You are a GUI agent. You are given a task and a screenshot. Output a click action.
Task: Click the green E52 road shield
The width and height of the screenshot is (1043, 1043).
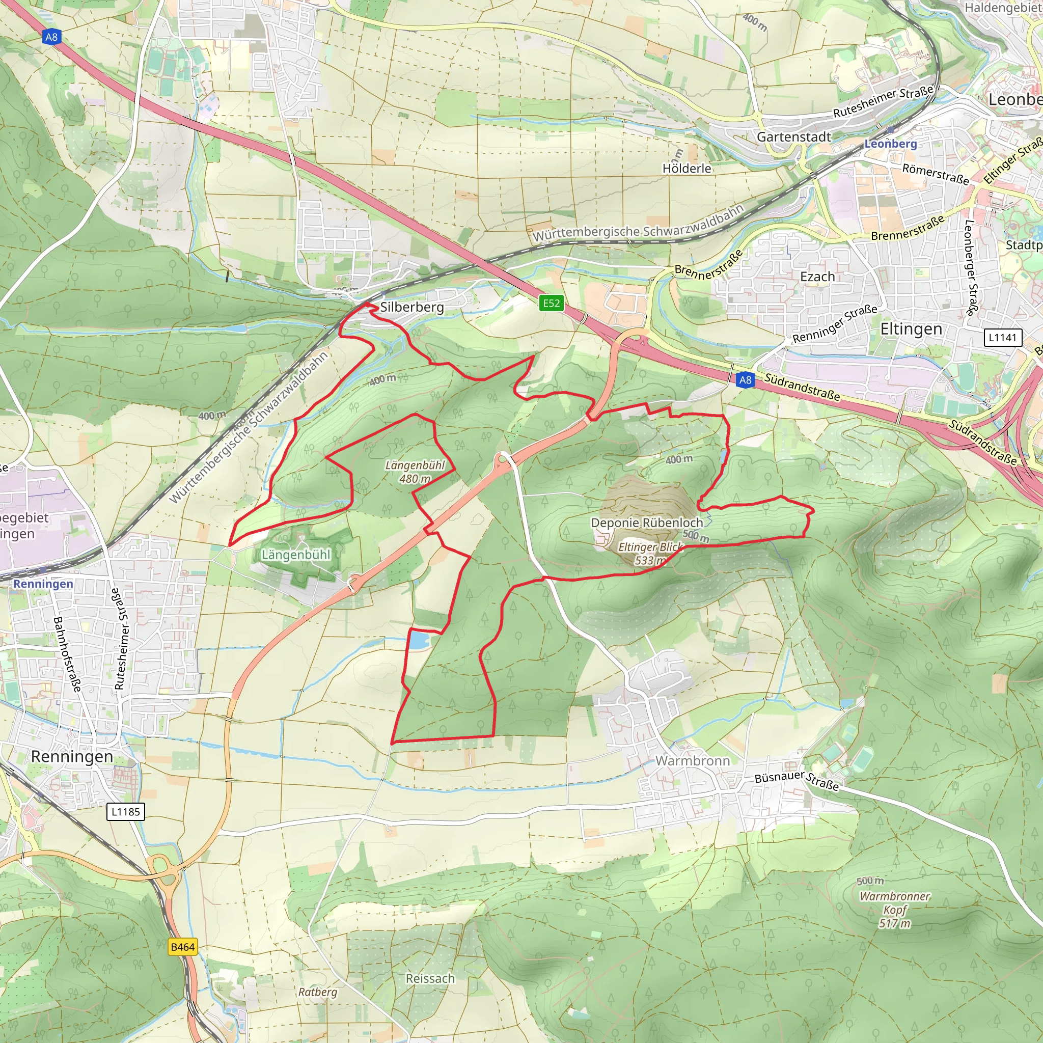click(x=551, y=303)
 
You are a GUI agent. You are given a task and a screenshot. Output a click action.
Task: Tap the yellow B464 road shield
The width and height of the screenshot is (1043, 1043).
click(x=182, y=946)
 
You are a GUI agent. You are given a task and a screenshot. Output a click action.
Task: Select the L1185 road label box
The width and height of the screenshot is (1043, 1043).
click(x=126, y=811)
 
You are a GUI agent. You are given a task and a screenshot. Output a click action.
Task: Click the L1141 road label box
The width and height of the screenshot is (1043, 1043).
click(x=1002, y=338)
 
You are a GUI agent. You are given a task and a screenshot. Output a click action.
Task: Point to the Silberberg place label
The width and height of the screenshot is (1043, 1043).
click(x=412, y=307)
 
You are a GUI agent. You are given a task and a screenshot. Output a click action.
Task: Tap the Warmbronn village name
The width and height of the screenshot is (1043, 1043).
click(x=692, y=761)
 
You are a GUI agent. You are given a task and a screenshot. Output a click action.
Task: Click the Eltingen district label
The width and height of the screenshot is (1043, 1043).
click(x=911, y=329)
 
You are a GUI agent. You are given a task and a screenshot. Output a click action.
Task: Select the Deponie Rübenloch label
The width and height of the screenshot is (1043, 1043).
click(x=647, y=523)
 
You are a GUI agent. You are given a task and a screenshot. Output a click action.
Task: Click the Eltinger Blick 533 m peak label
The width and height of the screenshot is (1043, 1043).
click(x=650, y=554)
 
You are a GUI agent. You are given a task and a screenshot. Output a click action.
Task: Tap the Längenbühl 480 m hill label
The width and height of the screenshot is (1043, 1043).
click(x=415, y=472)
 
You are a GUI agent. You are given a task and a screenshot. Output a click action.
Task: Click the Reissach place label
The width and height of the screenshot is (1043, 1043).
click(x=430, y=978)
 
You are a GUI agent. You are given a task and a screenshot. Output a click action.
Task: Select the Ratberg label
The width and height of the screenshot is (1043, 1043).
click(x=317, y=992)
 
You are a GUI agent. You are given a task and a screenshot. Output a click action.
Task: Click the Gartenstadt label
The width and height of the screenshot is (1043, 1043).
click(x=793, y=136)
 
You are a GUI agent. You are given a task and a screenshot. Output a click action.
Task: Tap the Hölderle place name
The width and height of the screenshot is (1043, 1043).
click(x=687, y=169)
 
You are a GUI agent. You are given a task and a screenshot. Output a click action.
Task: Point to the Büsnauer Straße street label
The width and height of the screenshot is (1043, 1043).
click(x=797, y=781)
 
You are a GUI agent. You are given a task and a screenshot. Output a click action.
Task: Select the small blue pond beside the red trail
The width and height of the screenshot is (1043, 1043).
click(x=419, y=641)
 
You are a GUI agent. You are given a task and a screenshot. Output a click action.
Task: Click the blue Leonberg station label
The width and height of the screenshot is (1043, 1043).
click(x=891, y=144)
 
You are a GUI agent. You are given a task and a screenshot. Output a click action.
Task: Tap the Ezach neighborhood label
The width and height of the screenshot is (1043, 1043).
click(x=817, y=277)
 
